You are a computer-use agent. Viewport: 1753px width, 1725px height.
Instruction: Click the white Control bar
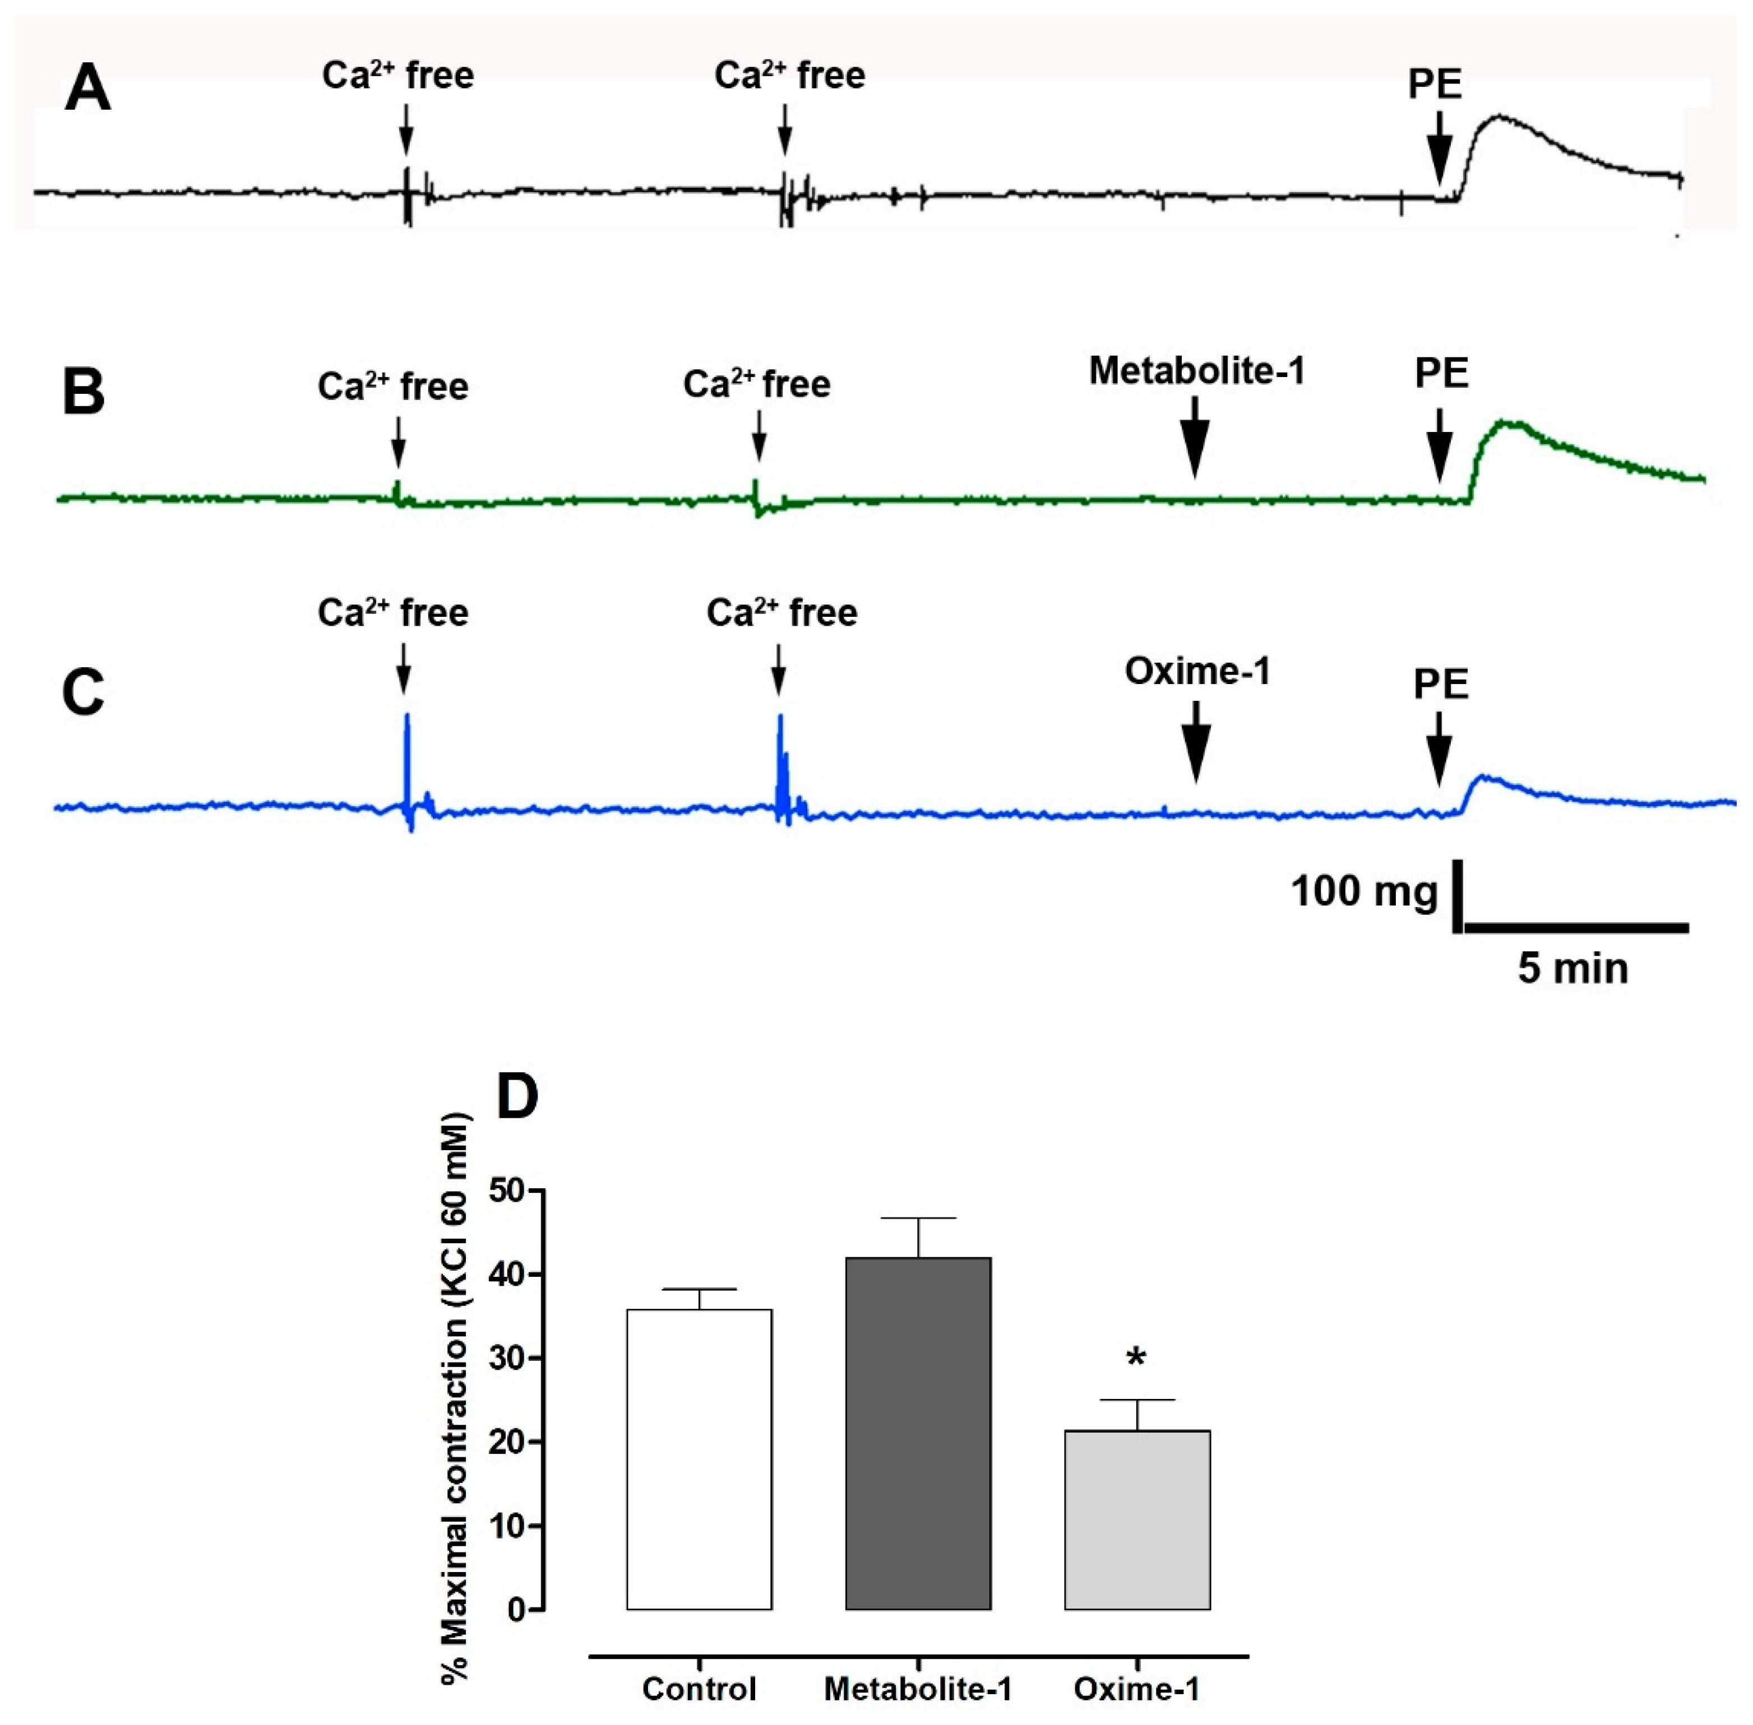tap(699, 1459)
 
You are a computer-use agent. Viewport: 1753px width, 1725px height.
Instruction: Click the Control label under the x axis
tap(699, 1689)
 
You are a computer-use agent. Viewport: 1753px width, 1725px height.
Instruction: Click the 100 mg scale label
tap(1363, 891)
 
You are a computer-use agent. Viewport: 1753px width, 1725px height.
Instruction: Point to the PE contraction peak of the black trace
tap(1500, 116)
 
